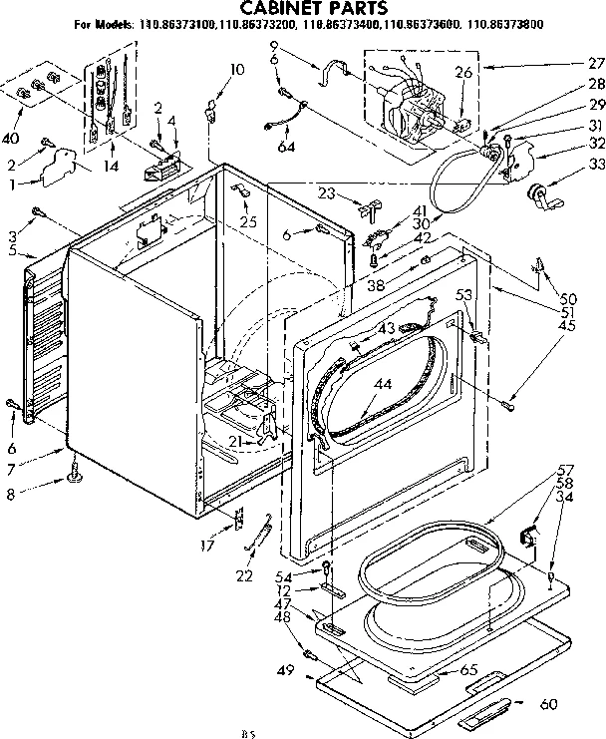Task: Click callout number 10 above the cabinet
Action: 235,69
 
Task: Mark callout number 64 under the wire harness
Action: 287,149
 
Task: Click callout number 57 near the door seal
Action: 565,469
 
